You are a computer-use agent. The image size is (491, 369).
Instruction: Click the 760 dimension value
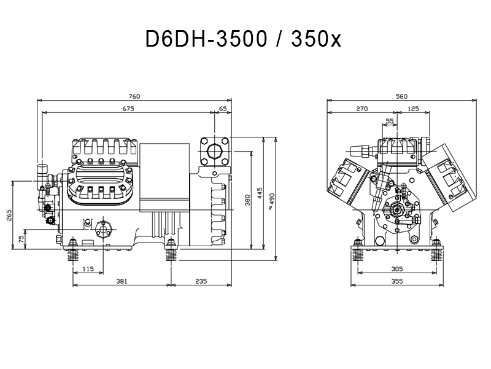tap(134, 96)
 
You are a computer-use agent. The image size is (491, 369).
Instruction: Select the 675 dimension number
tap(128, 109)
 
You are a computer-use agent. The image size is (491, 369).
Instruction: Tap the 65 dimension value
tap(223, 109)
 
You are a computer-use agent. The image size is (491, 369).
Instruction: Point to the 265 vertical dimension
tap(9, 215)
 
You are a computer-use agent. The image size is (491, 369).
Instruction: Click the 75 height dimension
tap(21, 239)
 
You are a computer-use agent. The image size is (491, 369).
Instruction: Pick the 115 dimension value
tap(88, 269)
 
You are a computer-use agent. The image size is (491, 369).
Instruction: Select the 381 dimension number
tap(122, 281)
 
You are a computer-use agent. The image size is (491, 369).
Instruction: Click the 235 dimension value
tap(201, 281)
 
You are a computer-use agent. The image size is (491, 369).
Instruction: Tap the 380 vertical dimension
tap(247, 201)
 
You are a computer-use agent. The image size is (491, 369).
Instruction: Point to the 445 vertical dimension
tap(260, 193)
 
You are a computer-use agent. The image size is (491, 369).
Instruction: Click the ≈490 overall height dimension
tap(271, 201)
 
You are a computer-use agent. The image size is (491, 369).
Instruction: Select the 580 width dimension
tap(401, 96)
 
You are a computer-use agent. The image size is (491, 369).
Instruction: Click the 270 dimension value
tap(361, 109)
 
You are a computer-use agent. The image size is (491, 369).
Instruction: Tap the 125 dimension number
tap(413, 109)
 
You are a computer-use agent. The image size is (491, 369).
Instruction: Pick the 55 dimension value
tap(389, 121)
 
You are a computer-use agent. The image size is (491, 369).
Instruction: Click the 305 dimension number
tap(397, 269)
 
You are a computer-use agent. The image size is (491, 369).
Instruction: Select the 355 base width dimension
tap(397, 281)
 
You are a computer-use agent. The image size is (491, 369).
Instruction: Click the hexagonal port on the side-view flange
tap(214, 152)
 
